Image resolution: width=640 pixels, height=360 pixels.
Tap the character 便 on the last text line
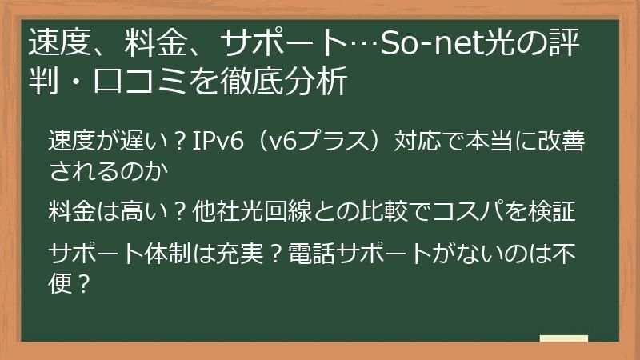[58, 282]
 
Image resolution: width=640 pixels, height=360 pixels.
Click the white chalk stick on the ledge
[563, 338]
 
